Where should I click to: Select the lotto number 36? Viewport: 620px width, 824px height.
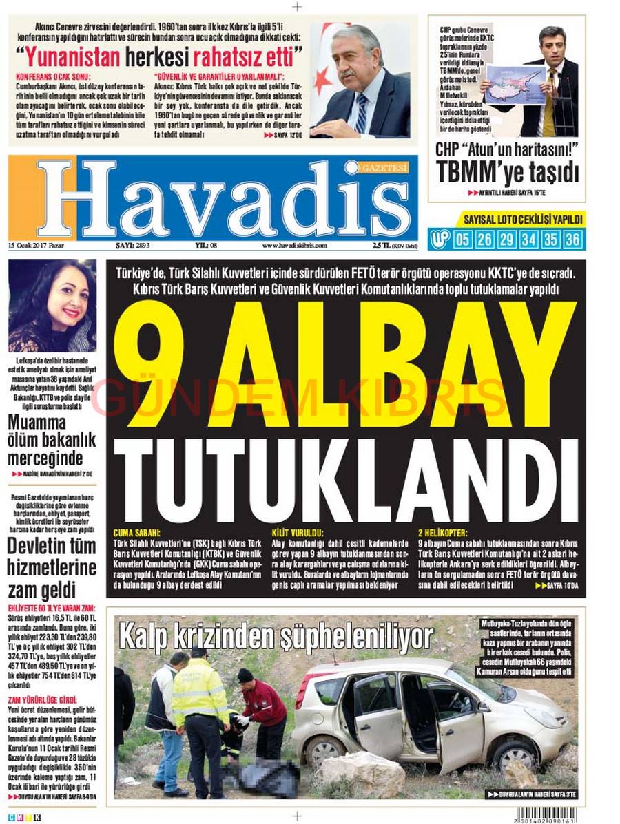[x=572, y=240]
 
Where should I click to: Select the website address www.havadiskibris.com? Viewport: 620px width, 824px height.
[x=294, y=246]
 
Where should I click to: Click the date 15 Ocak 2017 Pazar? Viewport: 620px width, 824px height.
[x=35, y=246]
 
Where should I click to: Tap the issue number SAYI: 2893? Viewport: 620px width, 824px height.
[x=133, y=246]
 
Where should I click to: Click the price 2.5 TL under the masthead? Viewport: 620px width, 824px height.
[x=380, y=246]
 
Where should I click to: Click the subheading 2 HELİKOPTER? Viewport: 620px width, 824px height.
[x=442, y=532]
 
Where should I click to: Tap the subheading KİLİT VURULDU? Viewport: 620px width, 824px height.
[x=298, y=532]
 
